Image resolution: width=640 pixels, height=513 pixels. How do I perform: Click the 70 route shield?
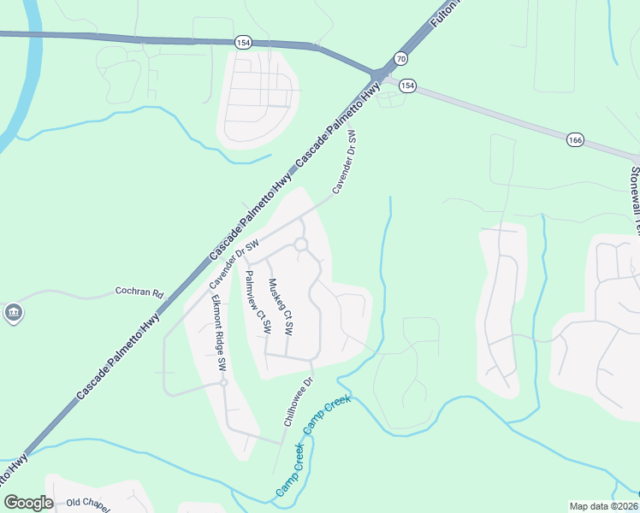400,58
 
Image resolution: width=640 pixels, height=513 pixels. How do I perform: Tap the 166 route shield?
574,139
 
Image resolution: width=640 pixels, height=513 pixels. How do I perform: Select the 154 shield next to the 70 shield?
408,85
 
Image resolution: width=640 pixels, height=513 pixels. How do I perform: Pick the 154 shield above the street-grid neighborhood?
242,41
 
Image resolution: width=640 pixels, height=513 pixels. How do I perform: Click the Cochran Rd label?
139,292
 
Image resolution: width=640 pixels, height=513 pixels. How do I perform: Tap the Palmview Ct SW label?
258,302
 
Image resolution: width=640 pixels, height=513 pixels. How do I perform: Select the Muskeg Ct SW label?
281,306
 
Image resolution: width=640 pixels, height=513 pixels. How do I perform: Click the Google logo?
27,503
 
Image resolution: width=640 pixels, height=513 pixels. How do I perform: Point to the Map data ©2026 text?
602,506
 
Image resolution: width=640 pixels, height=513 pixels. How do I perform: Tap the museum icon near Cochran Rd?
13,314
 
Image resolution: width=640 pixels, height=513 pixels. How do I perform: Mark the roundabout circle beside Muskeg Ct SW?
301,245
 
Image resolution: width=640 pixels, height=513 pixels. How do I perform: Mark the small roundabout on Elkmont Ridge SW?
222,384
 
